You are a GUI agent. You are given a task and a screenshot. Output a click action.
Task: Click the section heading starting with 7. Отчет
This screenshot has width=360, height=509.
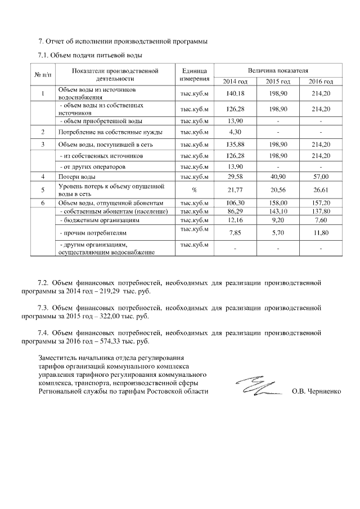tap(122, 42)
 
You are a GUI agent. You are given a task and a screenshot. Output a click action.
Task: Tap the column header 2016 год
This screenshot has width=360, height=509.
tap(321, 82)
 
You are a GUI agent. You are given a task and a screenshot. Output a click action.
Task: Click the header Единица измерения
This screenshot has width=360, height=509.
tap(194, 76)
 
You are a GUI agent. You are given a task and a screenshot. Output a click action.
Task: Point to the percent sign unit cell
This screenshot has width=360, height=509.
tap(194, 190)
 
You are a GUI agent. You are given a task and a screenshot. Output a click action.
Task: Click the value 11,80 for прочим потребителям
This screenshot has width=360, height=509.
tap(321, 232)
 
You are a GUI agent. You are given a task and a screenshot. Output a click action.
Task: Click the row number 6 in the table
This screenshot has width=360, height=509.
tap(43, 202)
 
